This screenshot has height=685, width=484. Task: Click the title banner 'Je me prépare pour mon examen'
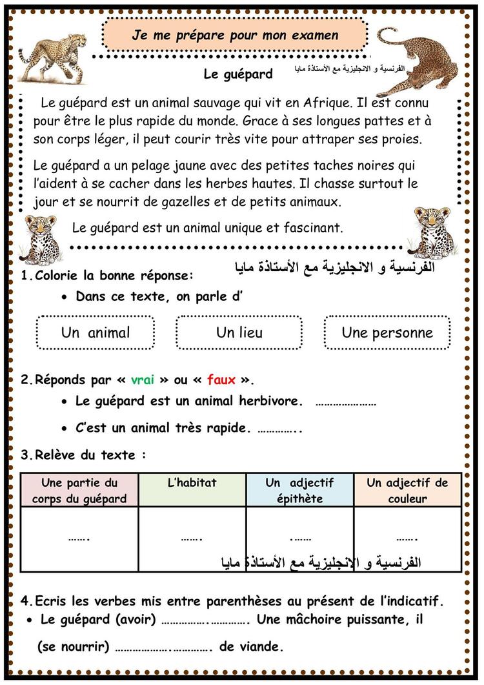[235, 36]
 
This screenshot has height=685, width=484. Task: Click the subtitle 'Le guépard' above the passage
[238, 74]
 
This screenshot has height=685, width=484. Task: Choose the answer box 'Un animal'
[96, 332]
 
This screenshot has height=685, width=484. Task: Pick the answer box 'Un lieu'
[239, 332]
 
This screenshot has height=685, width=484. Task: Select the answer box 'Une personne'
[387, 332]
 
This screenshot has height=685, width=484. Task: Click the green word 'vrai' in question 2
[143, 380]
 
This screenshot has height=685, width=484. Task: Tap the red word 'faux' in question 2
[221, 380]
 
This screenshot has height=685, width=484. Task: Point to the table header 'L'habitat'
[192, 482]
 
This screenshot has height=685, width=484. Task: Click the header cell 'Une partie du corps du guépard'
[79, 490]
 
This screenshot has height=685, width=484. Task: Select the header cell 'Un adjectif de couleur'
[407, 490]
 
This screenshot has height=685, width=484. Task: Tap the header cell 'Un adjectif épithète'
[299, 490]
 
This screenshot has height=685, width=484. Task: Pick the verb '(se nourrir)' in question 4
[74, 646]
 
